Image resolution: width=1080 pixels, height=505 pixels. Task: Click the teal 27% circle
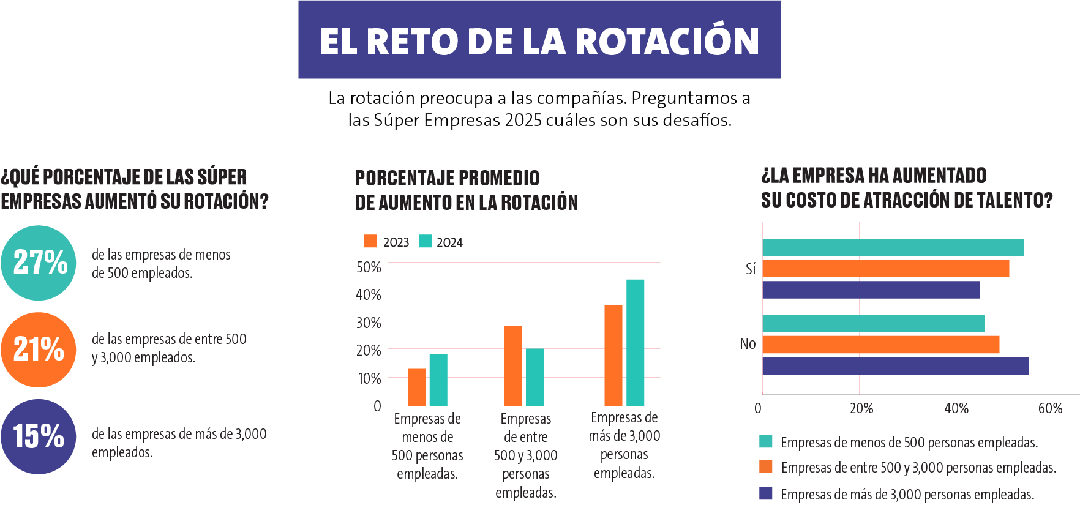tap(39, 263)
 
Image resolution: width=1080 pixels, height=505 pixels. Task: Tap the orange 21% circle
tap(39, 350)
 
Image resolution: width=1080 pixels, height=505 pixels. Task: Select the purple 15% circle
tap(39, 436)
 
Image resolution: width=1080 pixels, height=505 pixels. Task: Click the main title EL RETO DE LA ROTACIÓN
tap(539, 41)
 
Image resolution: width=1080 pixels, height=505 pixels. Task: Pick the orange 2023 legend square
tap(370, 241)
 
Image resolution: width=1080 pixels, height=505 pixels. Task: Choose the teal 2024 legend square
tap(426, 241)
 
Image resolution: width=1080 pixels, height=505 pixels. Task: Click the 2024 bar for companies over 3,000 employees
tap(635, 343)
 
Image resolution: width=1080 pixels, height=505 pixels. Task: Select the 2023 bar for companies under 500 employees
tap(416, 387)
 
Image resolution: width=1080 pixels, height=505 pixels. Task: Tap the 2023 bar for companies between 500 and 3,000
tap(512, 365)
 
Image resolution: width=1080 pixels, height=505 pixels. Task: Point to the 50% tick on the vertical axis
tap(369, 267)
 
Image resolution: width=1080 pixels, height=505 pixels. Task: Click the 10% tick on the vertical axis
tap(369, 379)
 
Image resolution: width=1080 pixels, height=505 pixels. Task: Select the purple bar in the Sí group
tap(871, 290)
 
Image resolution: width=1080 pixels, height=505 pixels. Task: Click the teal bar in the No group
tap(874, 323)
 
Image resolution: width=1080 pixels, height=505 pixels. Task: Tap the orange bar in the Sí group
tap(886, 269)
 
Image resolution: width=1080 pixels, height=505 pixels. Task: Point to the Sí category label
tap(751, 269)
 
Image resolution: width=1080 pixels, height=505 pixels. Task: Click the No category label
tap(748, 344)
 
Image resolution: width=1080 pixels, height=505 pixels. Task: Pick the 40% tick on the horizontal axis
tap(956, 408)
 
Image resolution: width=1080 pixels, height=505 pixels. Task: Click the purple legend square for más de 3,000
tap(766, 493)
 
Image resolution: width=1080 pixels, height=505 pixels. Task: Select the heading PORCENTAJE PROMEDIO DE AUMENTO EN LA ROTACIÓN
tap(467, 190)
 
